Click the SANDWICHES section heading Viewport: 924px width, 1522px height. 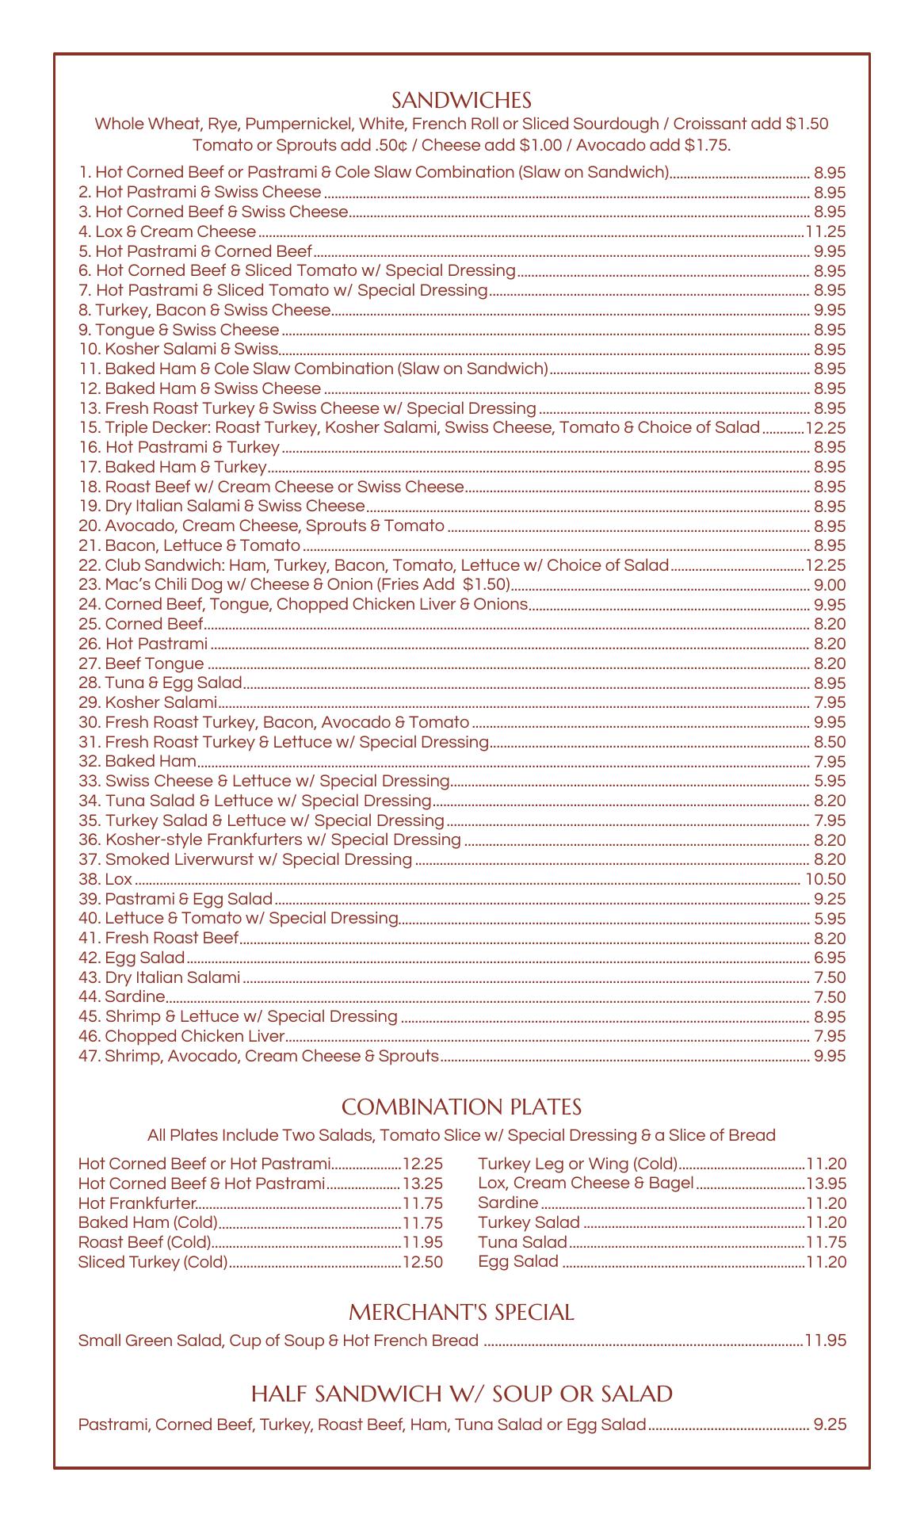(461, 101)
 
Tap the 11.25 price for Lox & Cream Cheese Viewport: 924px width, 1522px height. (826, 231)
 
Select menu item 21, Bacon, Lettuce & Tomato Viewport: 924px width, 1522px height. (189, 545)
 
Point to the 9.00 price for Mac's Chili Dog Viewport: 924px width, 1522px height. (830, 585)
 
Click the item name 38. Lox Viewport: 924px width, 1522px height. (105, 879)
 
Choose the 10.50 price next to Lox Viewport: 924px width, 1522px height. (826, 879)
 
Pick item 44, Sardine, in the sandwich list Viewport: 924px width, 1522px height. (122, 997)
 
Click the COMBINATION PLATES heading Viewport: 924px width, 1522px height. (461, 1107)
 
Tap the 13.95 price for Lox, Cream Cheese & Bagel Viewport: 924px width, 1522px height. (827, 1184)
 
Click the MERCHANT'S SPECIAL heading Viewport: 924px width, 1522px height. (461, 1313)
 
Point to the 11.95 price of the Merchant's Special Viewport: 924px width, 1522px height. (826, 1340)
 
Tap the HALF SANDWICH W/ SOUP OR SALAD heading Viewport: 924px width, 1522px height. (461, 1394)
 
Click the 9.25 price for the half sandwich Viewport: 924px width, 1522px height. (830, 1424)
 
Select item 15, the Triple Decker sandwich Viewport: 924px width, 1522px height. (419, 428)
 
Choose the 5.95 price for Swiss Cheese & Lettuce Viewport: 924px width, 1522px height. (830, 781)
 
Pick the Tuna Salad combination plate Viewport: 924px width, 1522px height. (522, 1242)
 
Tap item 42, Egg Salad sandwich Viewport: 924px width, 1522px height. (132, 958)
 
